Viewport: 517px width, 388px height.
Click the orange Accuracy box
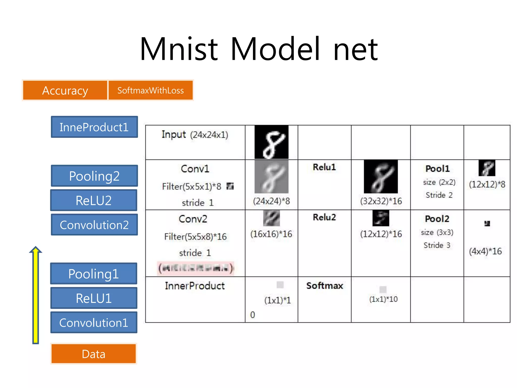click(x=65, y=90)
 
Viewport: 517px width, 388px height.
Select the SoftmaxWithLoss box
click(x=151, y=90)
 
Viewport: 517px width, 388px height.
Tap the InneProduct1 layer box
click(x=94, y=127)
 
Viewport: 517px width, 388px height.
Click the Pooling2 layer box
click(x=94, y=176)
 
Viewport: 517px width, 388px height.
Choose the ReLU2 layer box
click(x=94, y=200)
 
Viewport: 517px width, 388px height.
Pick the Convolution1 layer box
click(x=94, y=323)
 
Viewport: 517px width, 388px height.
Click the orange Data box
click(x=94, y=354)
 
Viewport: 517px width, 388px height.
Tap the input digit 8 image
click(x=271, y=142)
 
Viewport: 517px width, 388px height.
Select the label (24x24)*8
click(x=271, y=201)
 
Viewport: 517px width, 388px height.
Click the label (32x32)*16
click(x=381, y=201)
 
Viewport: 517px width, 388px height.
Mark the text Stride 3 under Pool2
click(x=437, y=245)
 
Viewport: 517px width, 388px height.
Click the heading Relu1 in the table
click(x=324, y=167)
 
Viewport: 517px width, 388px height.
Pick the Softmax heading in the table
click(x=325, y=286)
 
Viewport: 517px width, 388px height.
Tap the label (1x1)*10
click(x=383, y=299)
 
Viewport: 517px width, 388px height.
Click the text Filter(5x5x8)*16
click(x=195, y=237)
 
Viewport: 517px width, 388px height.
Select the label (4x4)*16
click(x=485, y=251)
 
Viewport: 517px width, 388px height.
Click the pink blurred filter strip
click(x=195, y=268)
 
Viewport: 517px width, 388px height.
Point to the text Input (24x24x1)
click(x=195, y=135)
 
